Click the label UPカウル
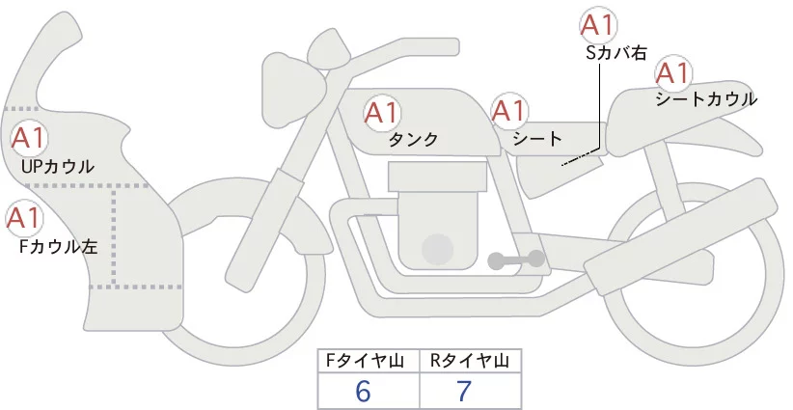pyautogui.click(x=57, y=167)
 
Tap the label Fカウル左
pyautogui.click(x=59, y=247)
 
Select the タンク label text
pyautogui.click(x=414, y=140)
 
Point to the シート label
pyautogui.click(x=537, y=139)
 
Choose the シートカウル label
pyautogui.click(x=705, y=98)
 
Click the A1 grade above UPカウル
pyautogui.click(x=28, y=138)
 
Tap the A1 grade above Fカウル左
pyautogui.click(x=23, y=218)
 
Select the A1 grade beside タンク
pyautogui.click(x=382, y=113)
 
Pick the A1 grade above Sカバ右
pyautogui.click(x=597, y=25)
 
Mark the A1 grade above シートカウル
pyautogui.click(x=672, y=72)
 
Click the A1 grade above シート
pyautogui.click(x=509, y=111)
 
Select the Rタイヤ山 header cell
pyautogui.click(x=470, y=361)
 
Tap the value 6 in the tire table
pyautogui.click(x=363, y=392)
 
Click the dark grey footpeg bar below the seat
pyautogui.click(x=516, y=260)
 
